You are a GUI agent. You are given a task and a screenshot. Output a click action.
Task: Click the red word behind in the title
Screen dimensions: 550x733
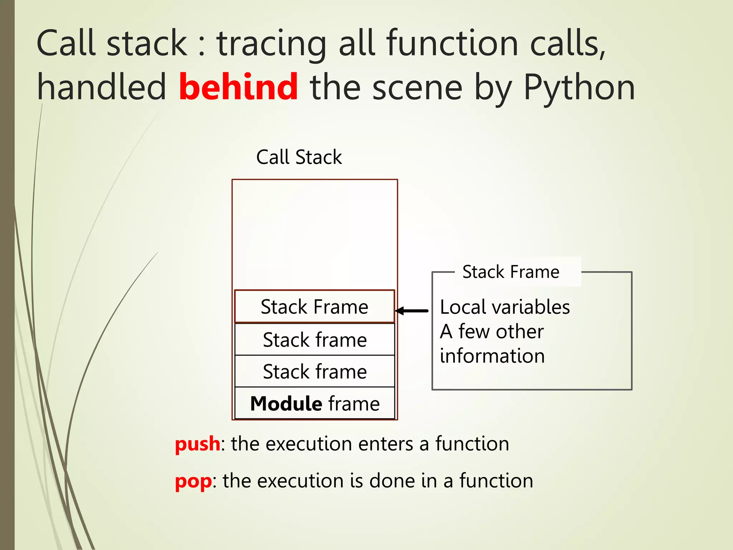pyautogui.click(x=238, y=87)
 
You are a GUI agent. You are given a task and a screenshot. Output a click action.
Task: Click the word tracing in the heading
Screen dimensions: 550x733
pyautogui.click(x=272, y=44)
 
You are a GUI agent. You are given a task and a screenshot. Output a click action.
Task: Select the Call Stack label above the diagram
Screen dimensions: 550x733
pyautogui.click(x=299, y=157)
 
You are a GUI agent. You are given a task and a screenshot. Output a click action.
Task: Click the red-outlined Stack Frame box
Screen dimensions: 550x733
pyautogui.click(x=314, y=307)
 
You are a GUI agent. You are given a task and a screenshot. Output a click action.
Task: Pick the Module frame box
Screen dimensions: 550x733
pyautogui.click(x=315, y=404)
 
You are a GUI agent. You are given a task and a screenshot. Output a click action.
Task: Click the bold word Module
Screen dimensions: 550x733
pyautogui.click(x=286, y=404)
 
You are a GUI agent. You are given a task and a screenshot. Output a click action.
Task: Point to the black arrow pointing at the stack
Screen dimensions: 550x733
pyautogui.click(x=412, y=311)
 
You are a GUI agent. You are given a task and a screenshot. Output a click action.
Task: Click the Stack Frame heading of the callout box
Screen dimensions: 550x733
pyautogui.click(x=511, y=272)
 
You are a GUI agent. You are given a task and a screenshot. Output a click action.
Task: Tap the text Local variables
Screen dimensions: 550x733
pyautogui.click(x=505, y=307)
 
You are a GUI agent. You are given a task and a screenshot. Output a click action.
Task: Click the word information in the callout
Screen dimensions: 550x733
pyautogui.click(x=492, y=356)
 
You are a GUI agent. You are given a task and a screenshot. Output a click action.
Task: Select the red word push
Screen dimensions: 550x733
pyautogui.click(x=198, y=444)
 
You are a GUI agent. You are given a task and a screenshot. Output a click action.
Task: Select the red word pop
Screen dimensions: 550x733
pyautogui.click(x=193, y=481)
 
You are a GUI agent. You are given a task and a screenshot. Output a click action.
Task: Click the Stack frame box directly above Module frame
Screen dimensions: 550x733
pyautogui.click(x=315, y=371)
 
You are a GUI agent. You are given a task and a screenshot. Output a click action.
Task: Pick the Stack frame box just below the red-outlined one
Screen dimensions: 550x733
pyautogui.click(x=315, y=339)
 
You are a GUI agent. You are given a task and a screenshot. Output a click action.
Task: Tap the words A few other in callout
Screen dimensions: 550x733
pyautogui.click(x=492, y=332)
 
